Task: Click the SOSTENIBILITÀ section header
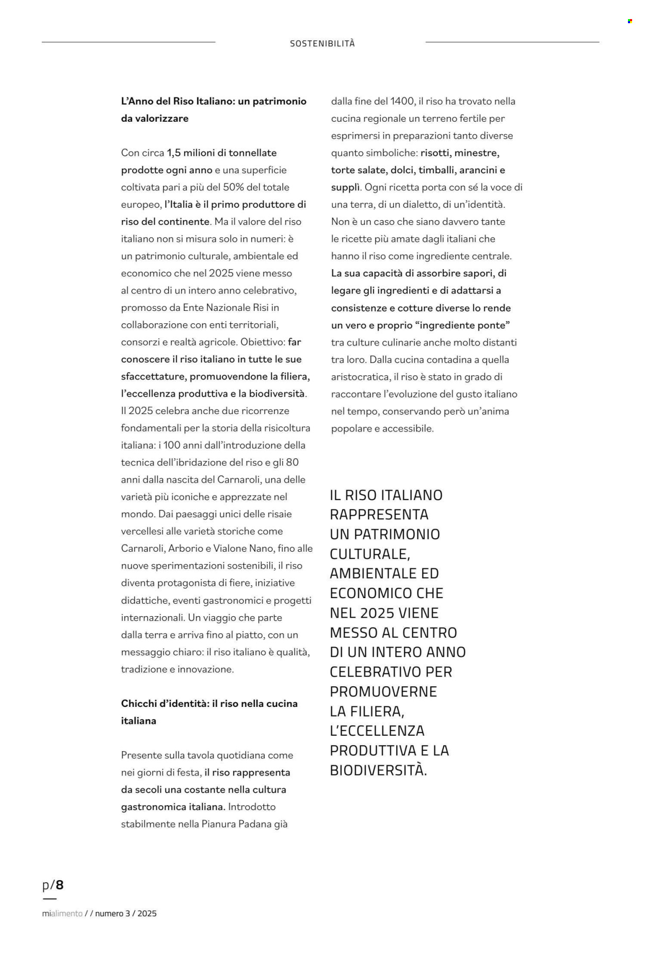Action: click(322, 44)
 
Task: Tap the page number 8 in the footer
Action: click(60, 885)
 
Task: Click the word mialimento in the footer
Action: click(62, 913)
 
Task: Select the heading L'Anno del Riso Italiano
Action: click(214, 102)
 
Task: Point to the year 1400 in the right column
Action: click(402, 102)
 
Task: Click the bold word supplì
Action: click(345, 188)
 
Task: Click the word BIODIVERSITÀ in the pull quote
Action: click(378, 770)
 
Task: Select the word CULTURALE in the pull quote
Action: click(370, 554)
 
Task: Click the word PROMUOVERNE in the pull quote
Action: click(383, 692)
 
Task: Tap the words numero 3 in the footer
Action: click(112, 913)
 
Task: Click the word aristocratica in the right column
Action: click(360, 377)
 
